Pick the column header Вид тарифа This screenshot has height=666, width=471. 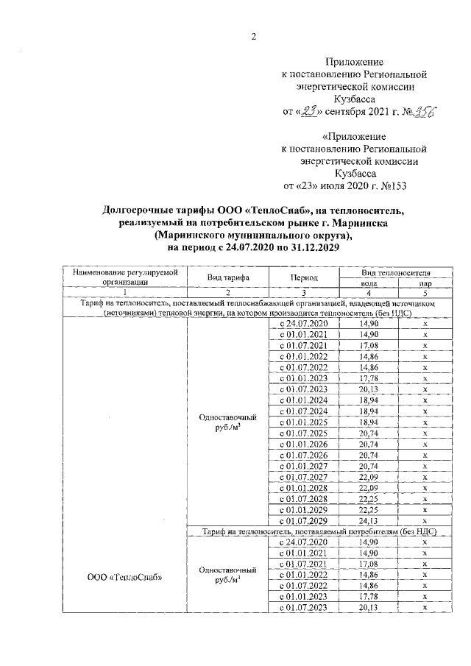point(227,277)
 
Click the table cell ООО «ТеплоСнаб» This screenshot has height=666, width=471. point(120,576)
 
